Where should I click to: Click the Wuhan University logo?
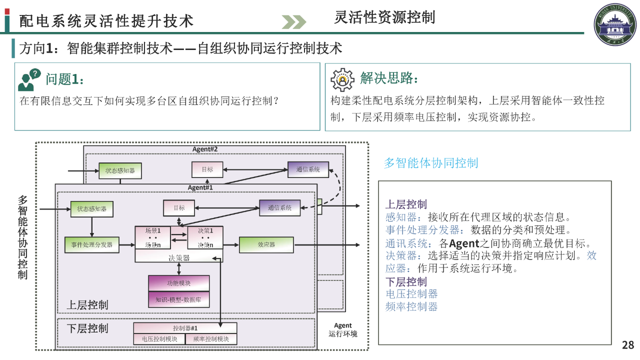click(614, 25)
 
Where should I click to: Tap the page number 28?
click(628, 344)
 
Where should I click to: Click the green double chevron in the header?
click(293, 22)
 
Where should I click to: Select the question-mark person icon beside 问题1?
click(29, 80)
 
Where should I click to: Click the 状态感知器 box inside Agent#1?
click(91, 208)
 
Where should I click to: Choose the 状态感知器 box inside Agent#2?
click(120, 170)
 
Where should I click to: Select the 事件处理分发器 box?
click(92, 244)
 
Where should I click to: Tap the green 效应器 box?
click(266, 244)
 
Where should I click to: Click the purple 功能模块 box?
click(178, 283)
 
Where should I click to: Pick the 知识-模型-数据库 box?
click(178, 299)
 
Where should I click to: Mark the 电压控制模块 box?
click(159, 339)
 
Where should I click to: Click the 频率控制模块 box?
click(210, 339)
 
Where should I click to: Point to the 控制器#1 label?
click(185, 328)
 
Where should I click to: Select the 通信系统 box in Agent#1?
click(280, 207)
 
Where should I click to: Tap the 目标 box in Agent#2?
click(207, 169)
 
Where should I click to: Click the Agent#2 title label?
click(205, 149)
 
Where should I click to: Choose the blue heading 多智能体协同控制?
click(430, 163)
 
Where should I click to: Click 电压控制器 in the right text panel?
click(411, 294)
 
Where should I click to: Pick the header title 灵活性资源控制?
click(384, 17)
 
